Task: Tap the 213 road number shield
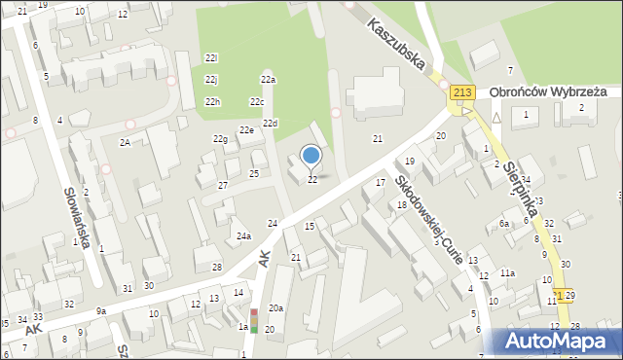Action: [462, 92]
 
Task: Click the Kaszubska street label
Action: [396, 45]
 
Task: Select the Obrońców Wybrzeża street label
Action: [548, 91]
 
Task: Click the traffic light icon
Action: [254, 321]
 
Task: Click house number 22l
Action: [211, 58]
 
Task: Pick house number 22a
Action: [268, 80]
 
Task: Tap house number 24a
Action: [243, 236]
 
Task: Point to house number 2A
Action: [125, 142]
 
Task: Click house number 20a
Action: [276, 308]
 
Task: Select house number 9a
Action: [100, 311]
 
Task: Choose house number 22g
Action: [220, 139]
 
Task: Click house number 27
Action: [223, 185]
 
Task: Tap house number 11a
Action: [507, 273]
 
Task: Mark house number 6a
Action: [504, 224]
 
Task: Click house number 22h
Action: [212, 102]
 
